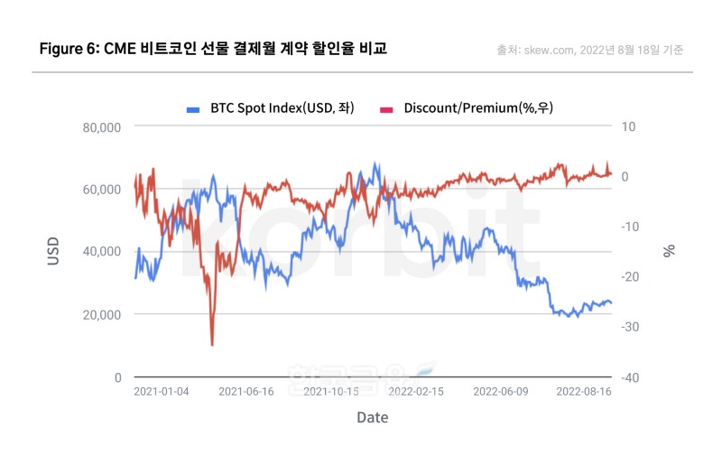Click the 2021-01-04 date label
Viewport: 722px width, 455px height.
tap(162, 392)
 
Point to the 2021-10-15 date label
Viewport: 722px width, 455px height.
tap(331, 392)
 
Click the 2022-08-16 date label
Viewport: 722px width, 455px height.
tap(584, 392)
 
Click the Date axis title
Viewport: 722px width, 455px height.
tap(373, 418)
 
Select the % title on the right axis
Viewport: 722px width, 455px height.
tap(669, 251)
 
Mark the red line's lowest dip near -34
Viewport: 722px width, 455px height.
tap(212, 344)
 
